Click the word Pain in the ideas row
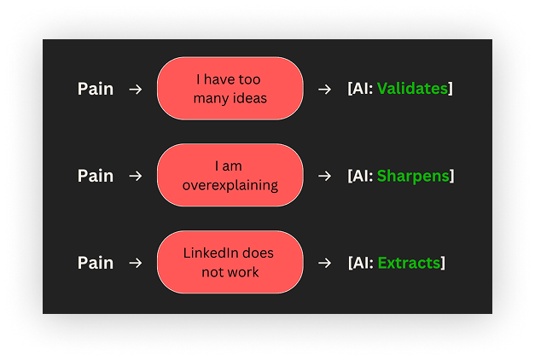point(96,89)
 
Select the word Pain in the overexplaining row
point(96,176)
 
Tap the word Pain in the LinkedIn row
point(96,263)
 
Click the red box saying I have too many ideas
point(230,89)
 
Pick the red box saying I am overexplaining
point(230,176)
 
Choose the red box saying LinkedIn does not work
point(230,263)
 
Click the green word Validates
point(412,89)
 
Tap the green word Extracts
point(409,263)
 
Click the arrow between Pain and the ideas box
point(135,89)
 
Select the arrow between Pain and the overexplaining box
point(135,176)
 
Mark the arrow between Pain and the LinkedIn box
point(135,263)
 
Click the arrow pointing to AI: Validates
point(324,89)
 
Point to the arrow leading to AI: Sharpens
point(324,176)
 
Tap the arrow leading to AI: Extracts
point(324,263)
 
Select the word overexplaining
point(230,184)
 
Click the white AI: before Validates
point(362,89)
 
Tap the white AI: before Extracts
point(362,263)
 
